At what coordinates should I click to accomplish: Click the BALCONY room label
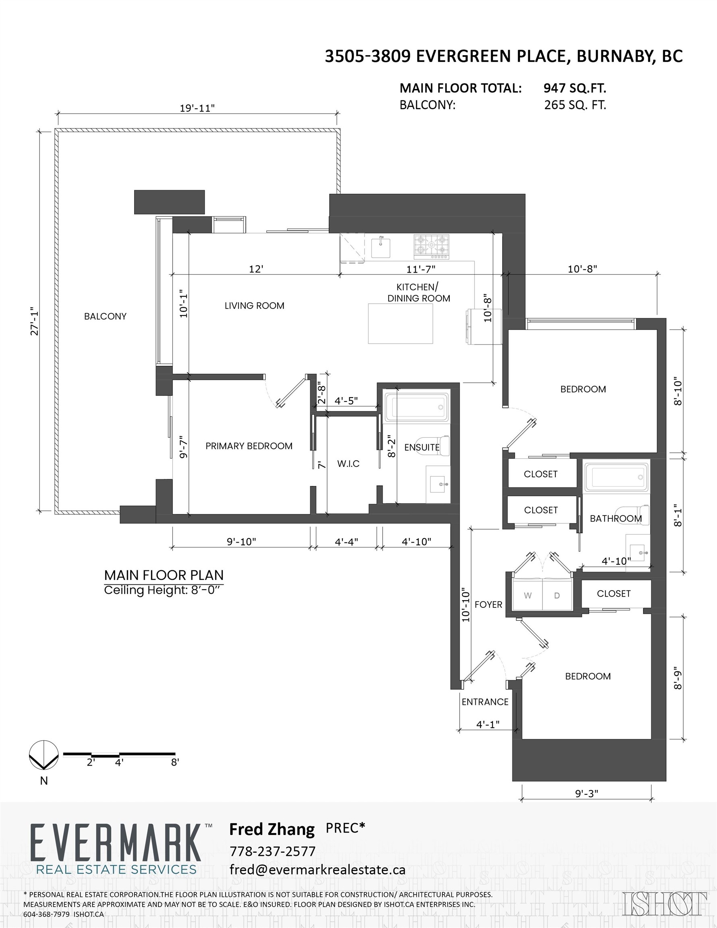[x=105, y=316]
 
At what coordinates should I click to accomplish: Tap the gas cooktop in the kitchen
[x=431, y=246]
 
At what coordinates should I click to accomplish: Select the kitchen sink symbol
[x=381, y=248]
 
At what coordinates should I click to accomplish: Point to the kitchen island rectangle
[x=400, y=323]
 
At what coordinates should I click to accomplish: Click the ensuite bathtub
[x=417, y=408]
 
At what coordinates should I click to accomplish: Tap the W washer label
[x=527, y=595]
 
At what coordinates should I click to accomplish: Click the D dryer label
[x=557, y=595]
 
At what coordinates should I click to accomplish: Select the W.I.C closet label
[x=348, y=464]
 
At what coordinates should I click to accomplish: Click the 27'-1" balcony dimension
[x=34, y=321]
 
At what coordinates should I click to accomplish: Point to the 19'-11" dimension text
[x=197, y=108]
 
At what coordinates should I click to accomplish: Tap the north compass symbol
[x=44, y=755]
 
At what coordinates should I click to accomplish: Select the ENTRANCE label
[x=485, y=702]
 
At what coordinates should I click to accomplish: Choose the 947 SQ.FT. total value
[x=575, y=88]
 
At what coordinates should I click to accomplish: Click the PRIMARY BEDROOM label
[x=249, y=446]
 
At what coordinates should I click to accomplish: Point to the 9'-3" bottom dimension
[x=586, y=793]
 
